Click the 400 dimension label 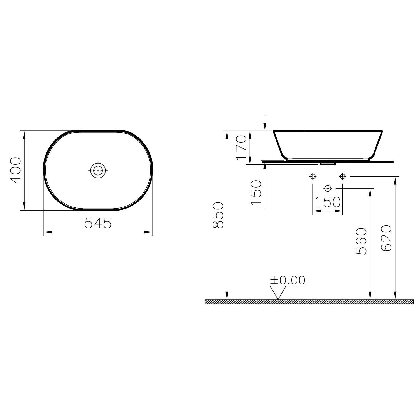[15, 170]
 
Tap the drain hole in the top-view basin [98, 170]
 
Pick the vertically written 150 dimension [256, 193]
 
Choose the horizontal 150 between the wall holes [327, 202]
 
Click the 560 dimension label [361, 241]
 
